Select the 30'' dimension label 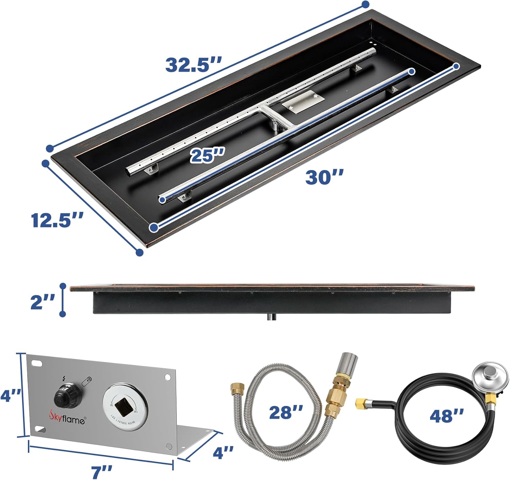tap(324, 177)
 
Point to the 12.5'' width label tap(57, 220)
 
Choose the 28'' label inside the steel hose tap(286, 412)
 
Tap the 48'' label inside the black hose tap(446, 415)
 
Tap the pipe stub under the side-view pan tap(271, 317)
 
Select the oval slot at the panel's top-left tap(36, 363)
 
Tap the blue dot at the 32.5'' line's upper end tap(365, 4)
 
